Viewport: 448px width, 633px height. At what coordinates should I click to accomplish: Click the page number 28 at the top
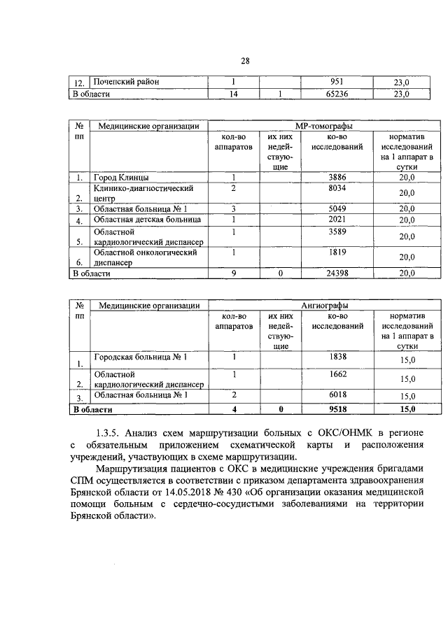(246, 61)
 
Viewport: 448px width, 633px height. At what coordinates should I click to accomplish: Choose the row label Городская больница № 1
(141, 357)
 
